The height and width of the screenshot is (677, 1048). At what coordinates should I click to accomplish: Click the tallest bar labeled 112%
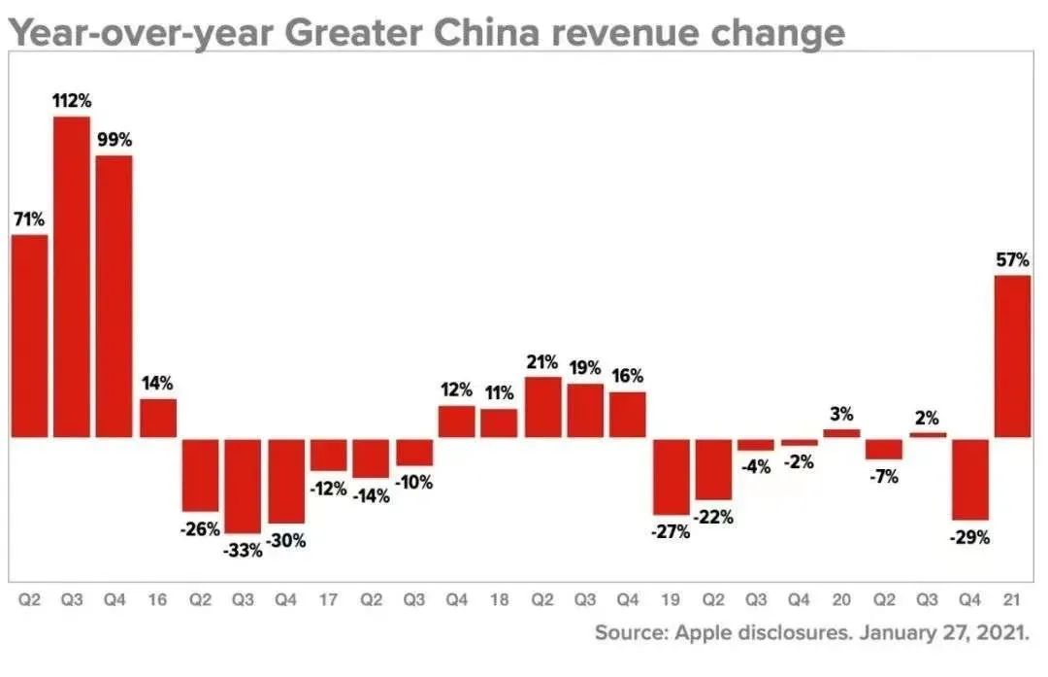coord(72,277)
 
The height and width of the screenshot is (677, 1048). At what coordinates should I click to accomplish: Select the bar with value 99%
coord(115,295)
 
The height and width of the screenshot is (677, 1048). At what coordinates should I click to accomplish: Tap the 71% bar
coord(29,335)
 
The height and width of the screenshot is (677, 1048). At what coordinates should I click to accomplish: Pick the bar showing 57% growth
coord(1012,355)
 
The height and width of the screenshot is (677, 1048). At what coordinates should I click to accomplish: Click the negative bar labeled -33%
coord(243,485)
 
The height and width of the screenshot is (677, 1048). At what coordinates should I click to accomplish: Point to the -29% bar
coord(969,479)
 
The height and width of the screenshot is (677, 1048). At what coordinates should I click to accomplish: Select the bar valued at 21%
coord(542,406)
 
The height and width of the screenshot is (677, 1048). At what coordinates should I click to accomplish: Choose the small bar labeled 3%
coord(841,432)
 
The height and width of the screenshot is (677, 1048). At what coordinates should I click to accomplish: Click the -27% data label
coord(671,531)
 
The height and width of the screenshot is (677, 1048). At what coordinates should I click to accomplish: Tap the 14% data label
coord(157,383)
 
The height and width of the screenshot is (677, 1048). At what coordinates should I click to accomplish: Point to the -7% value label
coord(884,476)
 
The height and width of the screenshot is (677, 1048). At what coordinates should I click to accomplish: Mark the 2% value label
coord(927,419)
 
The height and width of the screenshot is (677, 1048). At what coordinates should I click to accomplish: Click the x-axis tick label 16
coord(157,599)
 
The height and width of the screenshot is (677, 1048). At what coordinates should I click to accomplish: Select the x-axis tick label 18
coord(499,599)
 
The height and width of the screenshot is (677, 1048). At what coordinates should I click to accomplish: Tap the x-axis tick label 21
coord(1012,599)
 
